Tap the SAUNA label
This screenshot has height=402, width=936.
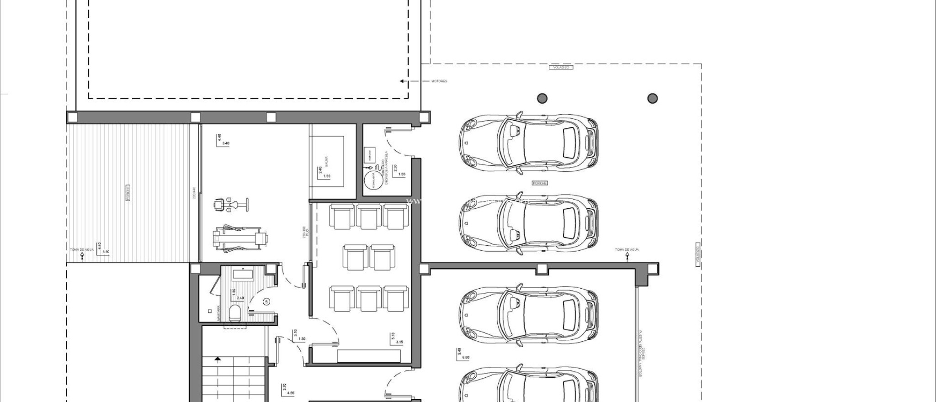pos(327,161)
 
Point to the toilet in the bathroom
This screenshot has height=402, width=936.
pos(235,314)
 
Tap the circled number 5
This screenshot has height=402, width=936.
pos(267,301)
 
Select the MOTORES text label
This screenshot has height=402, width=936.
pos(439,81)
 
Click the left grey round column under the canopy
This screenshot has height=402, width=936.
pos(542,98)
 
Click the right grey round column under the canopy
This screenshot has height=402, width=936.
pos(653,98)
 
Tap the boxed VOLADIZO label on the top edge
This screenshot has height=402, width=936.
pos(561,67)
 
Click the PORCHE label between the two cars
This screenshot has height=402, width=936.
pos(540,183)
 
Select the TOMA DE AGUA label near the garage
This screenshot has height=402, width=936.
pos(627,249)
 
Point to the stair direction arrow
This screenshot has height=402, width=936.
pos(218,360)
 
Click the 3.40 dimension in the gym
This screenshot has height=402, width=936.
pos(225,143)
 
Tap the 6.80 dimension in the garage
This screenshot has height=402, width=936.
pos(466,358)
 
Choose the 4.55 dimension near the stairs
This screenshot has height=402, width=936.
pos(291,393)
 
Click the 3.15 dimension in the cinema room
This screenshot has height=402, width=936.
pos(399,342)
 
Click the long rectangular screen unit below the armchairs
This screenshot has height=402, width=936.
pos(369,355)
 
